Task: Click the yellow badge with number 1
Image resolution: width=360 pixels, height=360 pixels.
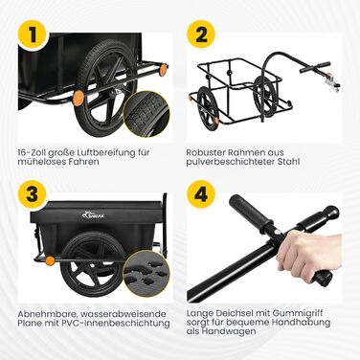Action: pyautogui.click(x=33, y=34)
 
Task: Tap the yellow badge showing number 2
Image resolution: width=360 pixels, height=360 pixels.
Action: pyautogui.click(x=201, y=34)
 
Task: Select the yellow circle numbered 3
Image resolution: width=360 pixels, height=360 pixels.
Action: pyautogui.click(x=33, y=194)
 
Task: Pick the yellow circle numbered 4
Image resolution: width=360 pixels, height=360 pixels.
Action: pyautogui.click(x=201, y=194)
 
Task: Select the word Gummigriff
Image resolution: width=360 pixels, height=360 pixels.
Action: pyautogui.click(x=295, y=314)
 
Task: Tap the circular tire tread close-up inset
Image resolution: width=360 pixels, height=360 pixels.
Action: pyautogui.click(x=146, y=114)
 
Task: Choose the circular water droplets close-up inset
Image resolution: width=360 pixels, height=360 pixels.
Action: pyautogui.click(x=146, y=274)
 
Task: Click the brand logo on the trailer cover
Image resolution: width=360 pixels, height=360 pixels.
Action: pyautogui.click(x=93, y=214)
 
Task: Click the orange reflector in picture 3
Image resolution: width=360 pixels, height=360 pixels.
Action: pyautogui.click(x=50, y=260)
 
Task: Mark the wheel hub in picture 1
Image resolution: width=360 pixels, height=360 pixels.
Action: pyautogui.click(x=112, y=93)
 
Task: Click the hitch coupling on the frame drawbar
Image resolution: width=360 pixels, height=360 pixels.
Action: pyautogui.click(x=331, y=82)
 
